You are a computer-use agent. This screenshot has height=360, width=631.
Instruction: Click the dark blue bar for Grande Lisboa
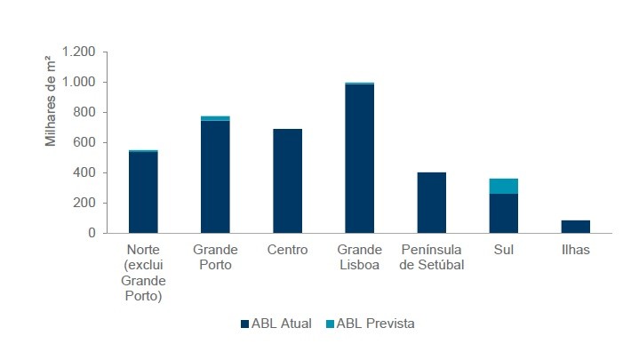pos(359,158)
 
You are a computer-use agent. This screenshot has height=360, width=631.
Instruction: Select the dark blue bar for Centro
pos(287,180)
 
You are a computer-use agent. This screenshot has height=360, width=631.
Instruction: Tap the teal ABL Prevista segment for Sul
pos(504,186)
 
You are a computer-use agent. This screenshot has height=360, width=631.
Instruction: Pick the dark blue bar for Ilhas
pos(576,227)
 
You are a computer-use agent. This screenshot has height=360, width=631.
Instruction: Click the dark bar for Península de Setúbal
pos(432,203)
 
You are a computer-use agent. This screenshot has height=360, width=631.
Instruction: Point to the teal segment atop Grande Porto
pos(215,118)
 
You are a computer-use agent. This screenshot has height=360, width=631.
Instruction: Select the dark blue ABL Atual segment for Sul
pos(504,213)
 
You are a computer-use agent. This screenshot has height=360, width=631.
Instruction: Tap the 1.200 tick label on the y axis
pos(77,52)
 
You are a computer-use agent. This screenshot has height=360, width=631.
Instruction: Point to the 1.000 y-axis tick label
pos(77,83)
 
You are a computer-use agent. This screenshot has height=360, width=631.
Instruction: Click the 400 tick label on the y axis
pos(84,172)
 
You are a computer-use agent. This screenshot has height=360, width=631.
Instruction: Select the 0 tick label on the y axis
pos(91,233)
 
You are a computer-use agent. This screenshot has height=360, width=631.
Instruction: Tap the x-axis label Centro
pos(287,250)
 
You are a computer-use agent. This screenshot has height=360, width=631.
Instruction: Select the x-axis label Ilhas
pos(576,250)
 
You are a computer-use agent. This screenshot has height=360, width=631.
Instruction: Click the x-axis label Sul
pos(504,250)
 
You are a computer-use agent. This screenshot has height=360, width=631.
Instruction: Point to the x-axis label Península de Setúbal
pos(432,257)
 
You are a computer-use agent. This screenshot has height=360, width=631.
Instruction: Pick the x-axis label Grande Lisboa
pos(359,257)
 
